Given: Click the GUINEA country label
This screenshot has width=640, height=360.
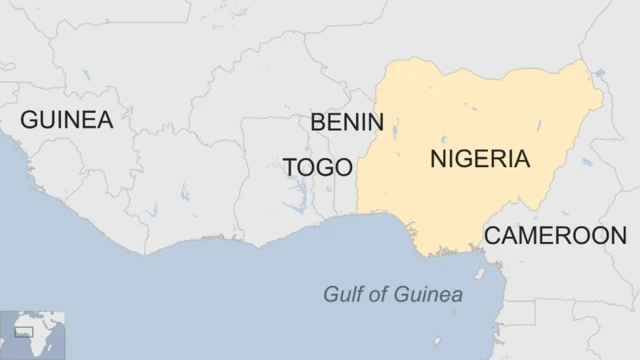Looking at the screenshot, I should (67, 120).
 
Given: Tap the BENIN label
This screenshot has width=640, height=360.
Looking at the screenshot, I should (347, 122).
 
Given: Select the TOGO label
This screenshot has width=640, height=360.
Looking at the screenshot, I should (318, 167).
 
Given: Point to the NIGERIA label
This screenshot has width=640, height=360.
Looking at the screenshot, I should (480, 159).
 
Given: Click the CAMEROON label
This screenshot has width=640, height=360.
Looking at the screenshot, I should (555, 236).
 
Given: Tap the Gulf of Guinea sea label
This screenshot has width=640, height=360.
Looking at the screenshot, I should (393, 295).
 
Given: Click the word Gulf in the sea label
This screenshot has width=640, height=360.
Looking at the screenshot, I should (340, 295).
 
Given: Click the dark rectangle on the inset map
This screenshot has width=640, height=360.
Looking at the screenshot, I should (23, 331).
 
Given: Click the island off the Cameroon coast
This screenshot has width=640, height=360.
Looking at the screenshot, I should (480, 272).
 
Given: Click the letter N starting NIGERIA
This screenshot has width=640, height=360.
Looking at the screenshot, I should (437, 159).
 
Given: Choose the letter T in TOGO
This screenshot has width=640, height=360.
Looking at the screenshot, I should (291, 167).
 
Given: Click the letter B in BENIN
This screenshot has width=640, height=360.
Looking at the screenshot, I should (318, 122).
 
